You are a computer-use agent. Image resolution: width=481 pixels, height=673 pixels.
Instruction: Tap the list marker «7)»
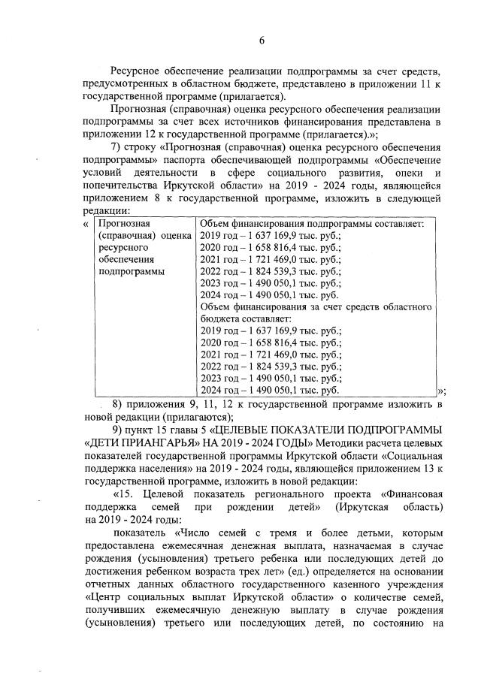coord(118,147)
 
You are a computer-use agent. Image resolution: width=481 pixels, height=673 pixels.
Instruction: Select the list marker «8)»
coord(118,404)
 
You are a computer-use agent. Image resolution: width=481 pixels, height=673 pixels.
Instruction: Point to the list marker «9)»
coord(118,429)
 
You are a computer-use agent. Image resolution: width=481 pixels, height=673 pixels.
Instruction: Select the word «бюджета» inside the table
coord(219,320)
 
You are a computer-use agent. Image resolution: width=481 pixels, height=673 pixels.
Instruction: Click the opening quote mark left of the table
coord(85,224)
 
